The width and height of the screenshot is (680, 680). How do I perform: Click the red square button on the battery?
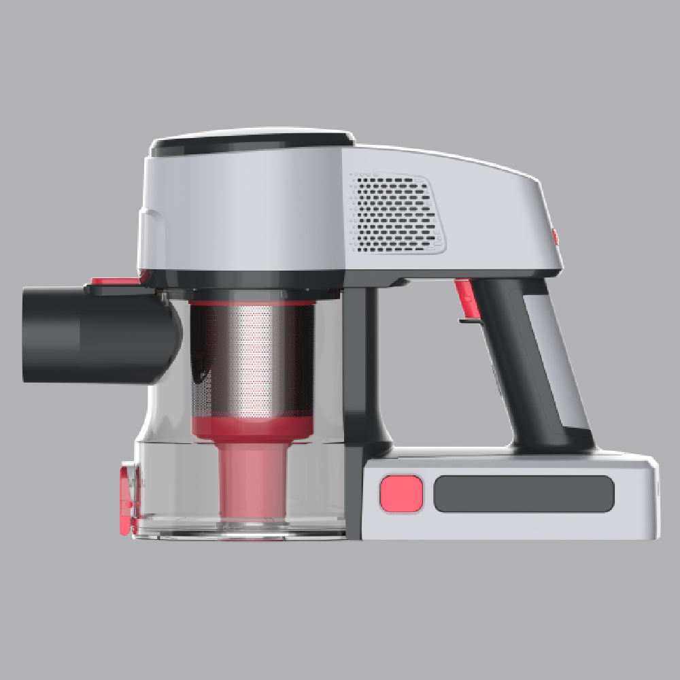[x=401, y=493]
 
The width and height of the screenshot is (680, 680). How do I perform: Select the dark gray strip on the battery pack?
[x=524, y=494]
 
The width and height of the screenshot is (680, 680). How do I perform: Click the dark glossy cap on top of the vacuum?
[x=252, y=141]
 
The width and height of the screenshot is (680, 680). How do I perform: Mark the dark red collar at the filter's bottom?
[x=252, y=426]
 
